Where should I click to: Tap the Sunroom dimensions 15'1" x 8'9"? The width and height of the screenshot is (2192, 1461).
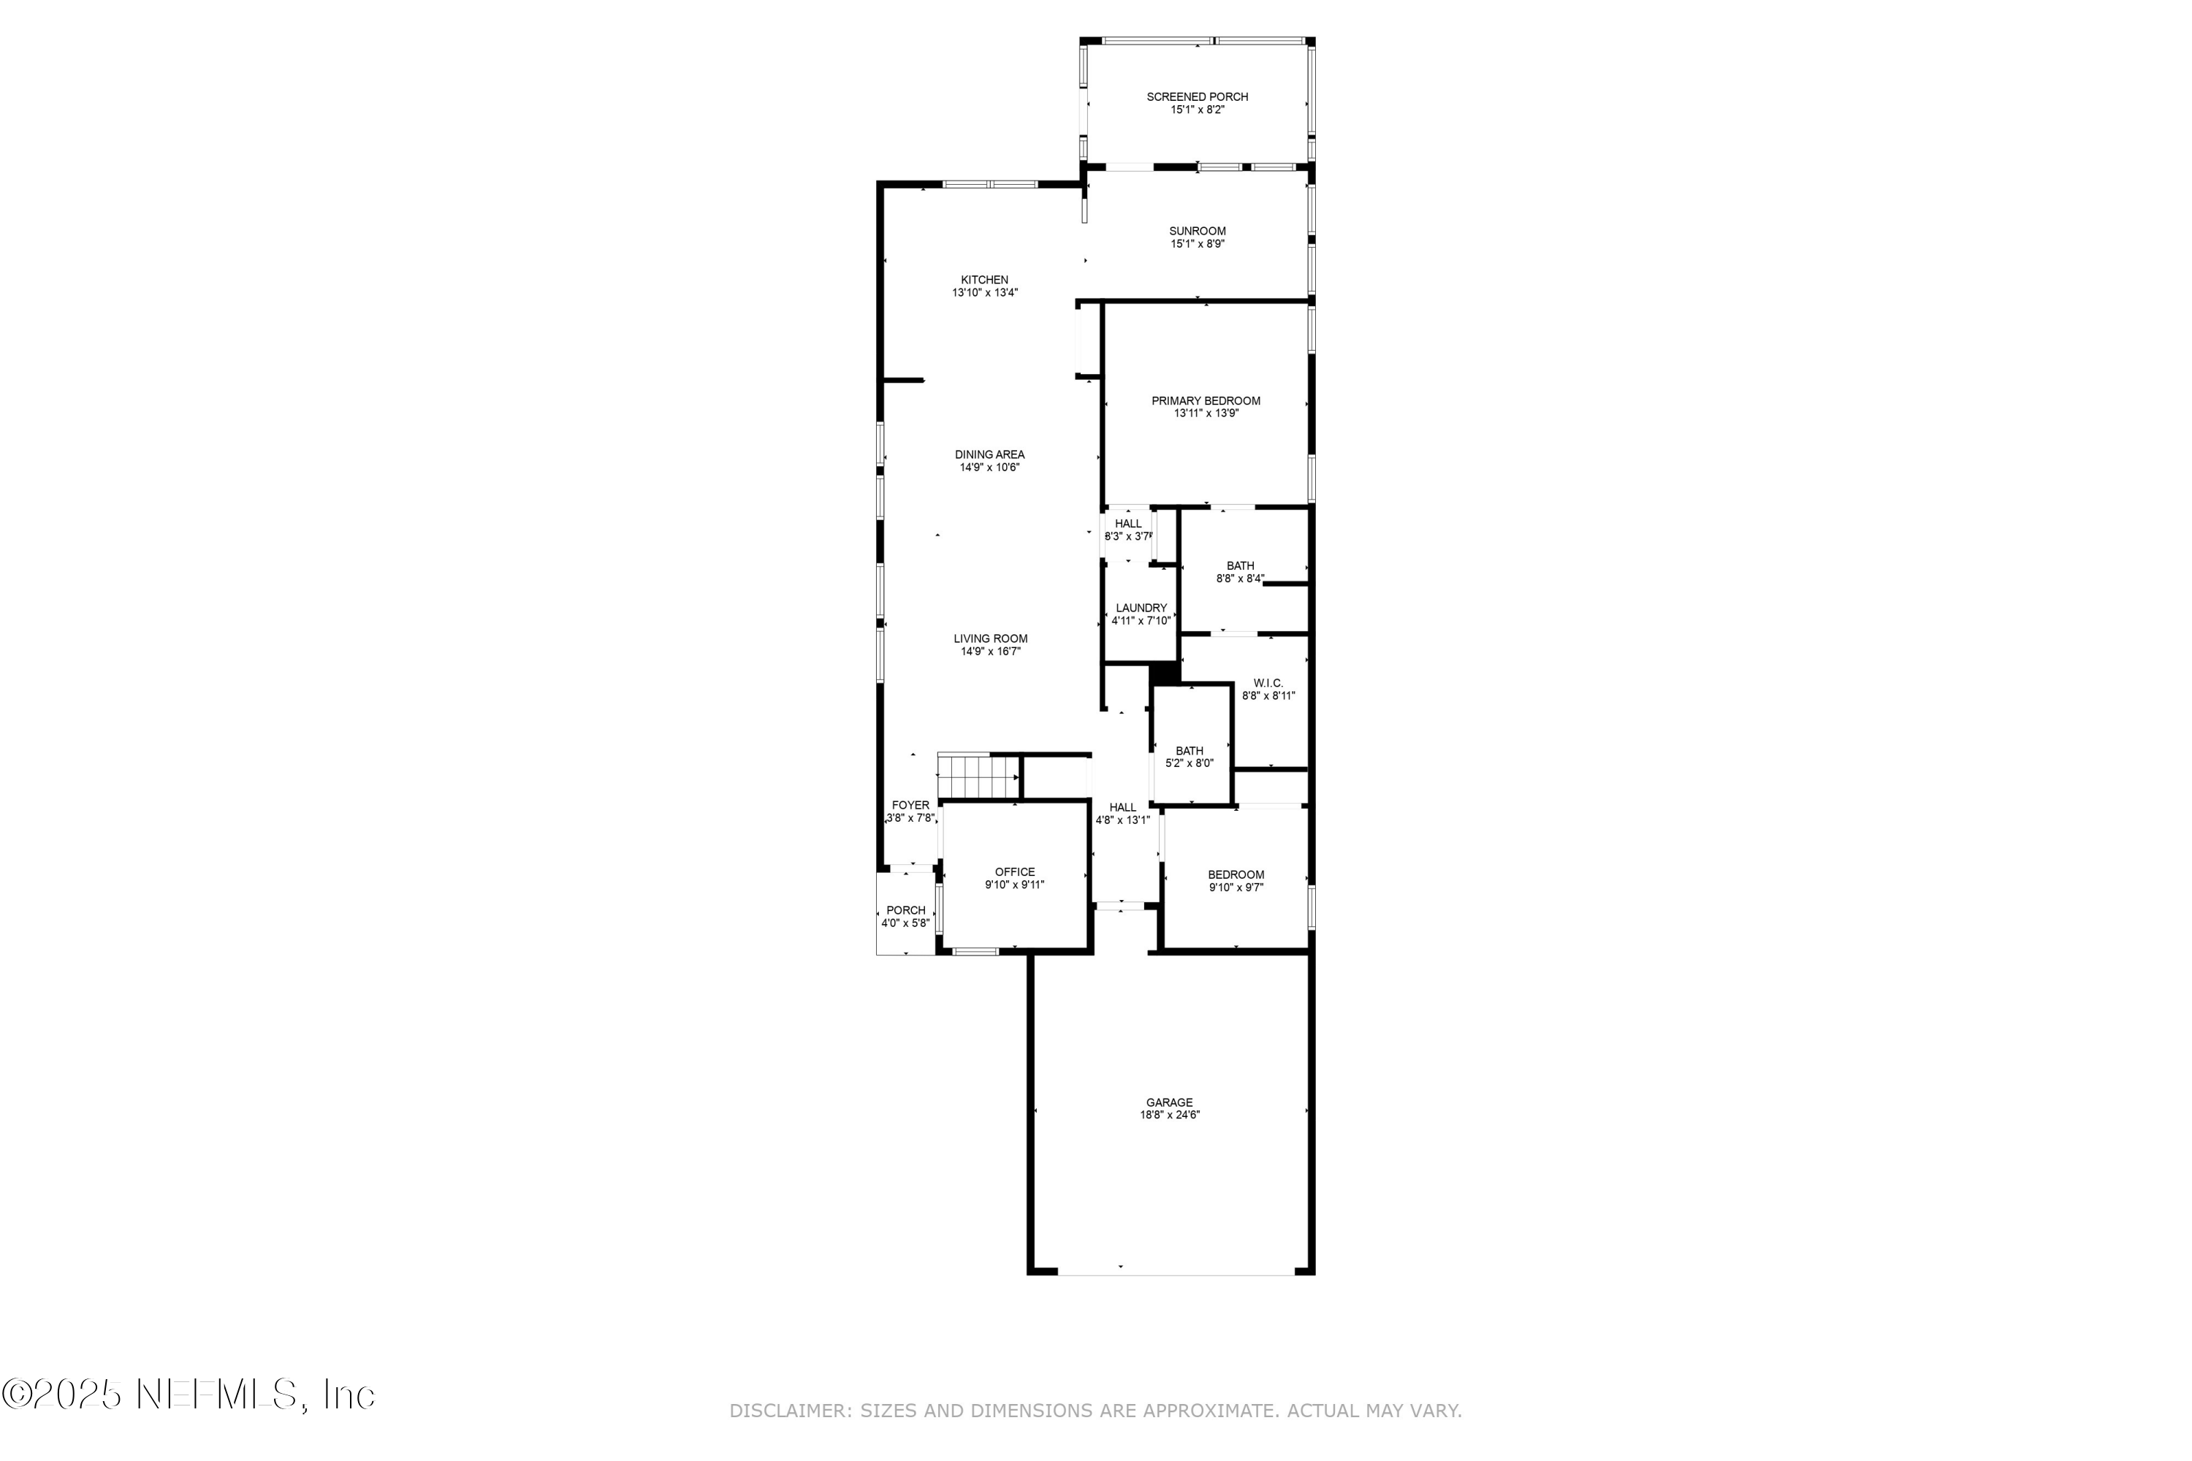point(1198,244)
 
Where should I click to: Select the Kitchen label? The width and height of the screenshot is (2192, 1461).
point(984,280)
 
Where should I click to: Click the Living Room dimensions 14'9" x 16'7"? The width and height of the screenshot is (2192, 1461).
point(991,652)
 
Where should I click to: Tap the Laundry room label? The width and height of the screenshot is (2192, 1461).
point(1141,609)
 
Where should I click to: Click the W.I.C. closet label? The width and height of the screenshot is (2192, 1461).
point(1268,683)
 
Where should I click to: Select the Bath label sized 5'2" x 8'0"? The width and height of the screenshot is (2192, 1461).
point(1190,751)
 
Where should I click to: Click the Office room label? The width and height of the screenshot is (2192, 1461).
point(1014,872)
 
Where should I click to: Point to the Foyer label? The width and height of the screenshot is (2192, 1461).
point(910,805)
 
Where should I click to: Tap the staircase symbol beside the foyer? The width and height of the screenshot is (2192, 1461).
point(978,776)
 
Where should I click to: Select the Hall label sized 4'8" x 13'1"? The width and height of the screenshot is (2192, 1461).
point(1122,807)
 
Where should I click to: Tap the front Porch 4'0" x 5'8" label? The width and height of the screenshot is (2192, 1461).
point(905,910)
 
